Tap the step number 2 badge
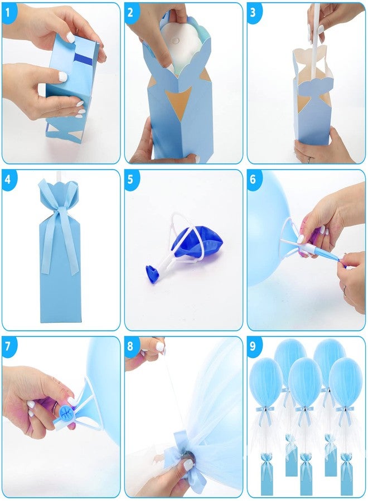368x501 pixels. [x=131, y=12]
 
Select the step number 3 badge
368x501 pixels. [x=254, y=12]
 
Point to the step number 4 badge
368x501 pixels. [x=9, y=179]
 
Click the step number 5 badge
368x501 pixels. [x=131, y=179]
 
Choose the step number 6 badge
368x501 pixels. [x=254, y=179]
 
